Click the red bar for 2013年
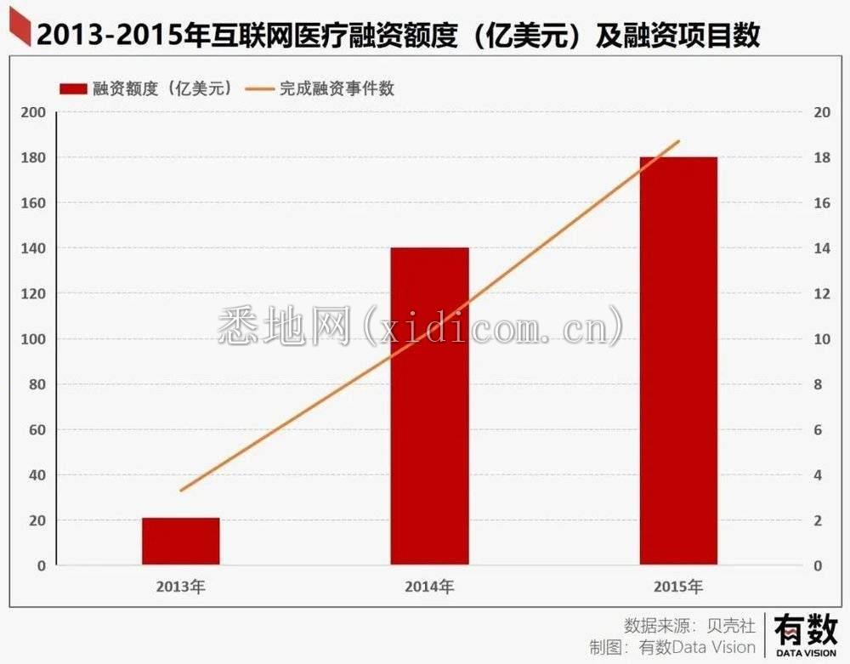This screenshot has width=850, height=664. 180,541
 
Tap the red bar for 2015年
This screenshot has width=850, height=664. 678,360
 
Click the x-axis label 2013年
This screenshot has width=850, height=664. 181,587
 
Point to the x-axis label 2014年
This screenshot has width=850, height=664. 429,587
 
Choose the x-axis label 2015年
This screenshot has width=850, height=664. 678,587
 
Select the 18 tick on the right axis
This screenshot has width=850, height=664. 821,158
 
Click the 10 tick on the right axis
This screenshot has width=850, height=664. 821,339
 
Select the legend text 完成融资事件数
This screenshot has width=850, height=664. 337,88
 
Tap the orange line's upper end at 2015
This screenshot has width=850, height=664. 679,141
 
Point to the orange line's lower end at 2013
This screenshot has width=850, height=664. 181,491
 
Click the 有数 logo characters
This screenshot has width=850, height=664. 804,630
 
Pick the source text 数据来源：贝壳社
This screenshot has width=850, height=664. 689,625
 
